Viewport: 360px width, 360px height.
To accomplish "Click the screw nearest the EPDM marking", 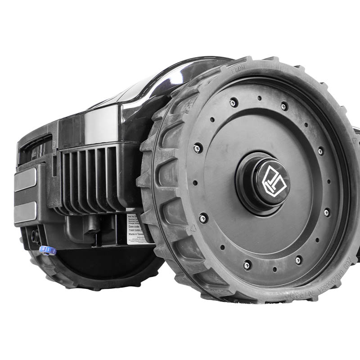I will pos(234,103).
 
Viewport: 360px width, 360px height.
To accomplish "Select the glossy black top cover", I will pos(148,90).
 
